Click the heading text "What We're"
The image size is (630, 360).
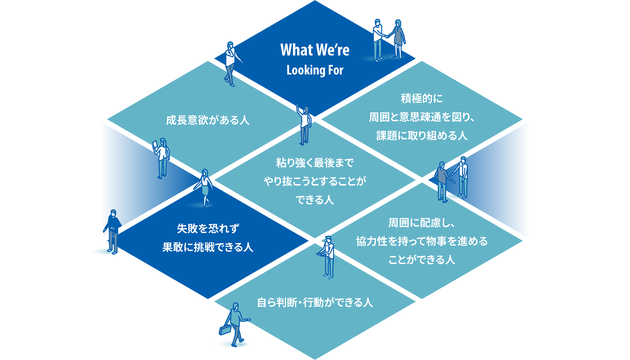point(315,50)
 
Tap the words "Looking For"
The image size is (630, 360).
point(315,70)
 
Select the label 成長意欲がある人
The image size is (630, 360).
point(208,120)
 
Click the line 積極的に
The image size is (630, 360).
point(422,98)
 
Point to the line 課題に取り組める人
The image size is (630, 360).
point(422,136)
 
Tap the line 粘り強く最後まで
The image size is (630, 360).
point(315,163)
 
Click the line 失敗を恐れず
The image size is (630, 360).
point(208,229)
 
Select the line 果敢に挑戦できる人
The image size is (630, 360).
point(208,247)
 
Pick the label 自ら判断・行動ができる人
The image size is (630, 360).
point(315,303)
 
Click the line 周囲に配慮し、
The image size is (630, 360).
point(422,223)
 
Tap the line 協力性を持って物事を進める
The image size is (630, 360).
point(422,241)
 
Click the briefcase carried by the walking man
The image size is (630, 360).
point(225,330)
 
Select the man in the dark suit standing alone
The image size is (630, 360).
point(113,231)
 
